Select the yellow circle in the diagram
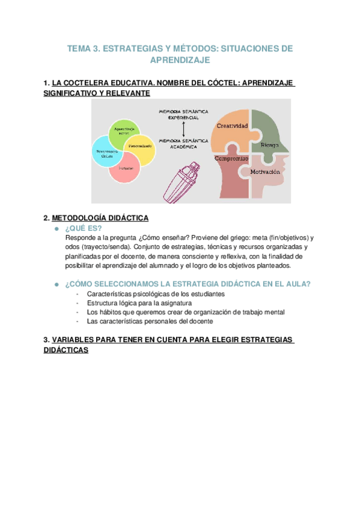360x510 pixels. [141, 148]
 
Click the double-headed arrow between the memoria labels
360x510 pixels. [183, 129]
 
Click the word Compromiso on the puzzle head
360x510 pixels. [231, 158]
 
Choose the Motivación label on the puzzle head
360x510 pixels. [266, 172]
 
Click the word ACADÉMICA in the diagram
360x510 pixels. [183, 146]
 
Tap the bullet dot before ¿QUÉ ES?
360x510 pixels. [56, 229]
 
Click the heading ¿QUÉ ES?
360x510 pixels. [84, 229]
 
